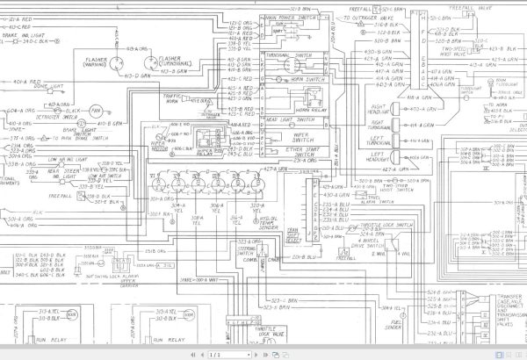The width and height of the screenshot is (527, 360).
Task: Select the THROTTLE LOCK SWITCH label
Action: [392, 225]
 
